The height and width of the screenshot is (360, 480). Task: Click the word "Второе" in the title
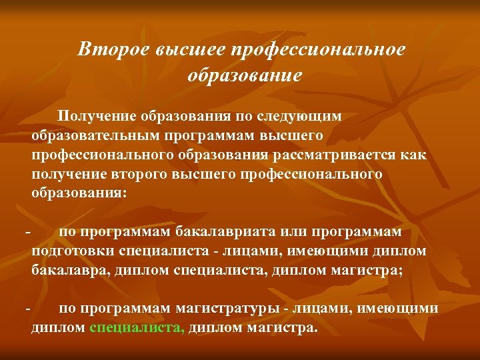113,49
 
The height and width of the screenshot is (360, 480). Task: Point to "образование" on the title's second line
245,75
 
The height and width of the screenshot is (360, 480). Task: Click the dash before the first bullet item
27,232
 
